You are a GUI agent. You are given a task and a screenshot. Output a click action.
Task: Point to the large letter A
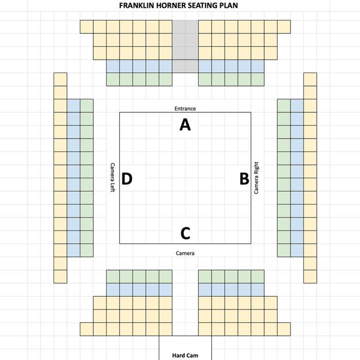(185, 125)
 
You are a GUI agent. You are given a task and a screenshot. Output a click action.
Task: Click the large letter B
(244, 179)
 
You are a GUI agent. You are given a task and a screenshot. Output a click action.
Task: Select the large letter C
(185, 233)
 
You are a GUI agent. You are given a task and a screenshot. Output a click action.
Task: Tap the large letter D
(127, 179)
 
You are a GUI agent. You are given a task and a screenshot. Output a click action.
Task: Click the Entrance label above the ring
(185, 109)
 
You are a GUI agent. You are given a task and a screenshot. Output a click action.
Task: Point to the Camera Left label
(112, 178)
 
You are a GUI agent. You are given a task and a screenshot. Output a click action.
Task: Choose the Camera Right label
(256, 178)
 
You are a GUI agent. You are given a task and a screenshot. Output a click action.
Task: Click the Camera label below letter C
(185, 253)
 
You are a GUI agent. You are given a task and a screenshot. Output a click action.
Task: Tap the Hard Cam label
(185, 355)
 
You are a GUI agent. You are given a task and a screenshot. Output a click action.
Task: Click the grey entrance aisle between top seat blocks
(185, 46)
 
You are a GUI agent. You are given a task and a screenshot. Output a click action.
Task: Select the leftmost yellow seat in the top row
(87, 27)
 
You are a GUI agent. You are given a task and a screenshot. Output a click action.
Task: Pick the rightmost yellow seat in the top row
(284, 27)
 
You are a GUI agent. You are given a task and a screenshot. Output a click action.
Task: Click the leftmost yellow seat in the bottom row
(87, 329)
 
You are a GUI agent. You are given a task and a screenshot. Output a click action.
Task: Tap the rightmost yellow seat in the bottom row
(284, 329)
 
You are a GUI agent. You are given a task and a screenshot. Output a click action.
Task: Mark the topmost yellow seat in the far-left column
(60, 79)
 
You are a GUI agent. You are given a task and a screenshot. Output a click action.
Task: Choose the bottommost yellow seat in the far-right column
(310, 277)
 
